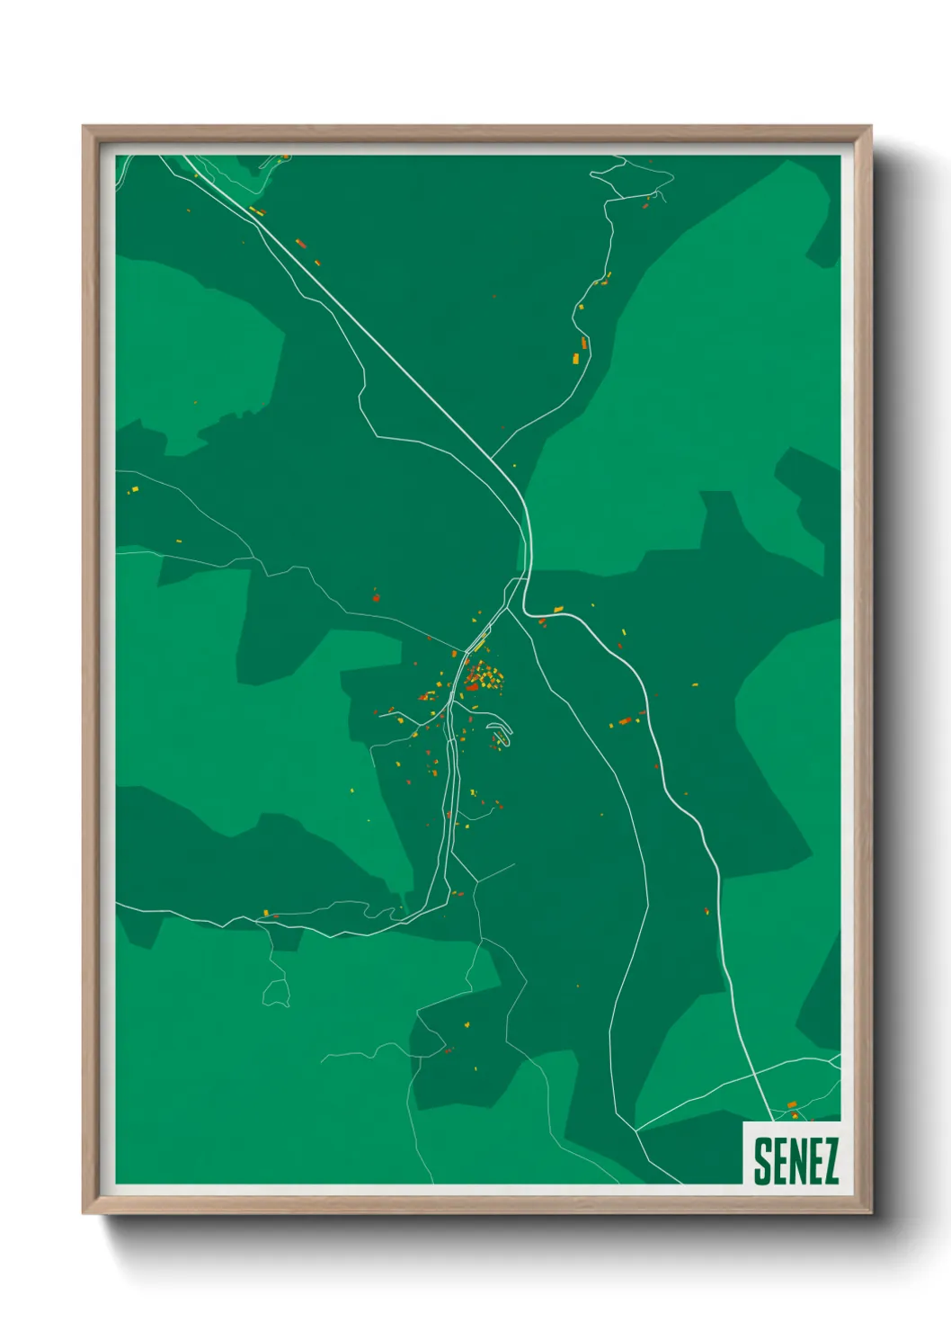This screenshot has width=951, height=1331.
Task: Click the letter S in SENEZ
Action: coord(762,1161)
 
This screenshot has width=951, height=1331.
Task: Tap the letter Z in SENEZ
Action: coord(829,1161)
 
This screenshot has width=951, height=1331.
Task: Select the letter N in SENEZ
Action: coord(796,1161)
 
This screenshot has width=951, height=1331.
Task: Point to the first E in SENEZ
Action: coord(778,1161)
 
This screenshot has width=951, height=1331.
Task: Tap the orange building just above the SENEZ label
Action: coord(792,1104)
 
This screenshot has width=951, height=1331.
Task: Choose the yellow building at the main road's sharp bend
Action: coord(558,610)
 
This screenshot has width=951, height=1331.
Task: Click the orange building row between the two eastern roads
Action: coord(625,720)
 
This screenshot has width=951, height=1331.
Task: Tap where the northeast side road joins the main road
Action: coord(493,457)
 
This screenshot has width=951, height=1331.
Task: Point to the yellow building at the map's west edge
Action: coord(134,490)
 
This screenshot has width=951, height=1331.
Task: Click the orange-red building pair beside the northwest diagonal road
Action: coord(302,243)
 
